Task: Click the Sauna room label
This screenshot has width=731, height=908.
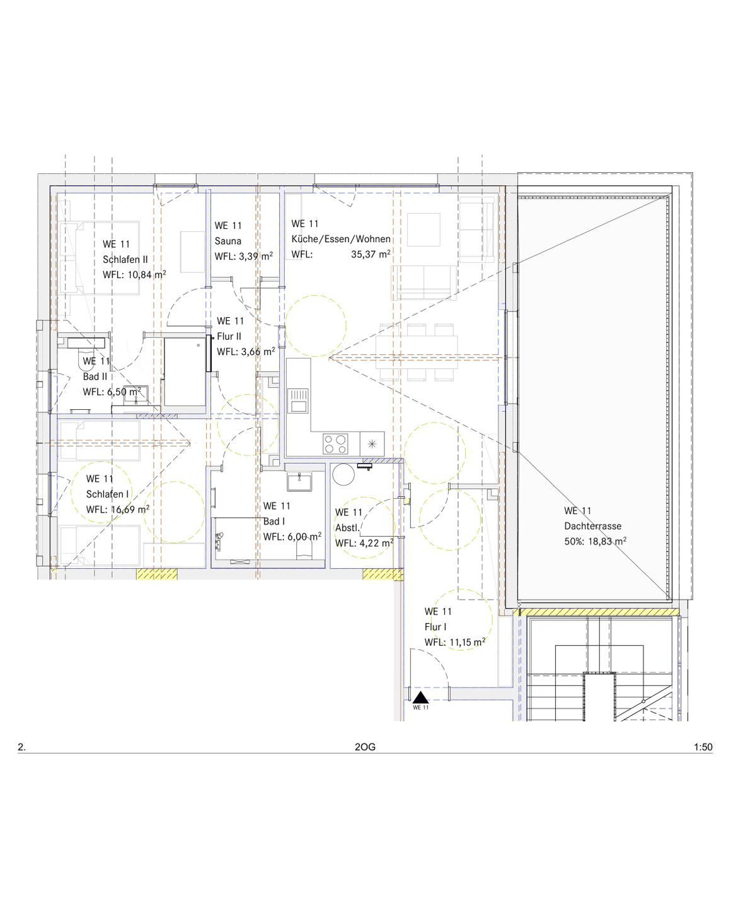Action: coord(227,241)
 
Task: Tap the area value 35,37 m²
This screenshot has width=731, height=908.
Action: coord(371,254)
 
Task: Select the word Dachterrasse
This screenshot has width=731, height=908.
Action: coord(592,526)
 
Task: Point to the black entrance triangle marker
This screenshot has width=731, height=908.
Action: coord(420,697)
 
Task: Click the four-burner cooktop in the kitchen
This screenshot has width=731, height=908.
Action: coord(336,443)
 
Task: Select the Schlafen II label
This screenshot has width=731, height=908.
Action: coord(125,259)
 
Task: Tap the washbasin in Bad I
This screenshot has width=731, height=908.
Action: coord(299,481)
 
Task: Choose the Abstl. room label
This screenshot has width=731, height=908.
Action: coord(348,528)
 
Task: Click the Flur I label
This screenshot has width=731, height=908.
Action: coord(435,627)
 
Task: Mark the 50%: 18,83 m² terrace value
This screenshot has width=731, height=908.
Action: coord(595,542)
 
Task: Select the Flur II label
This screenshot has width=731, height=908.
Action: coord(229,336)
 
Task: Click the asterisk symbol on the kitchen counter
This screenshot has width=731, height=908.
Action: coord(372,443)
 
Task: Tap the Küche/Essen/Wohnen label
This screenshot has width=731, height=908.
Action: coord(341,239)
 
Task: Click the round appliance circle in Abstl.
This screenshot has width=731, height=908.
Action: coord(343,475)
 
